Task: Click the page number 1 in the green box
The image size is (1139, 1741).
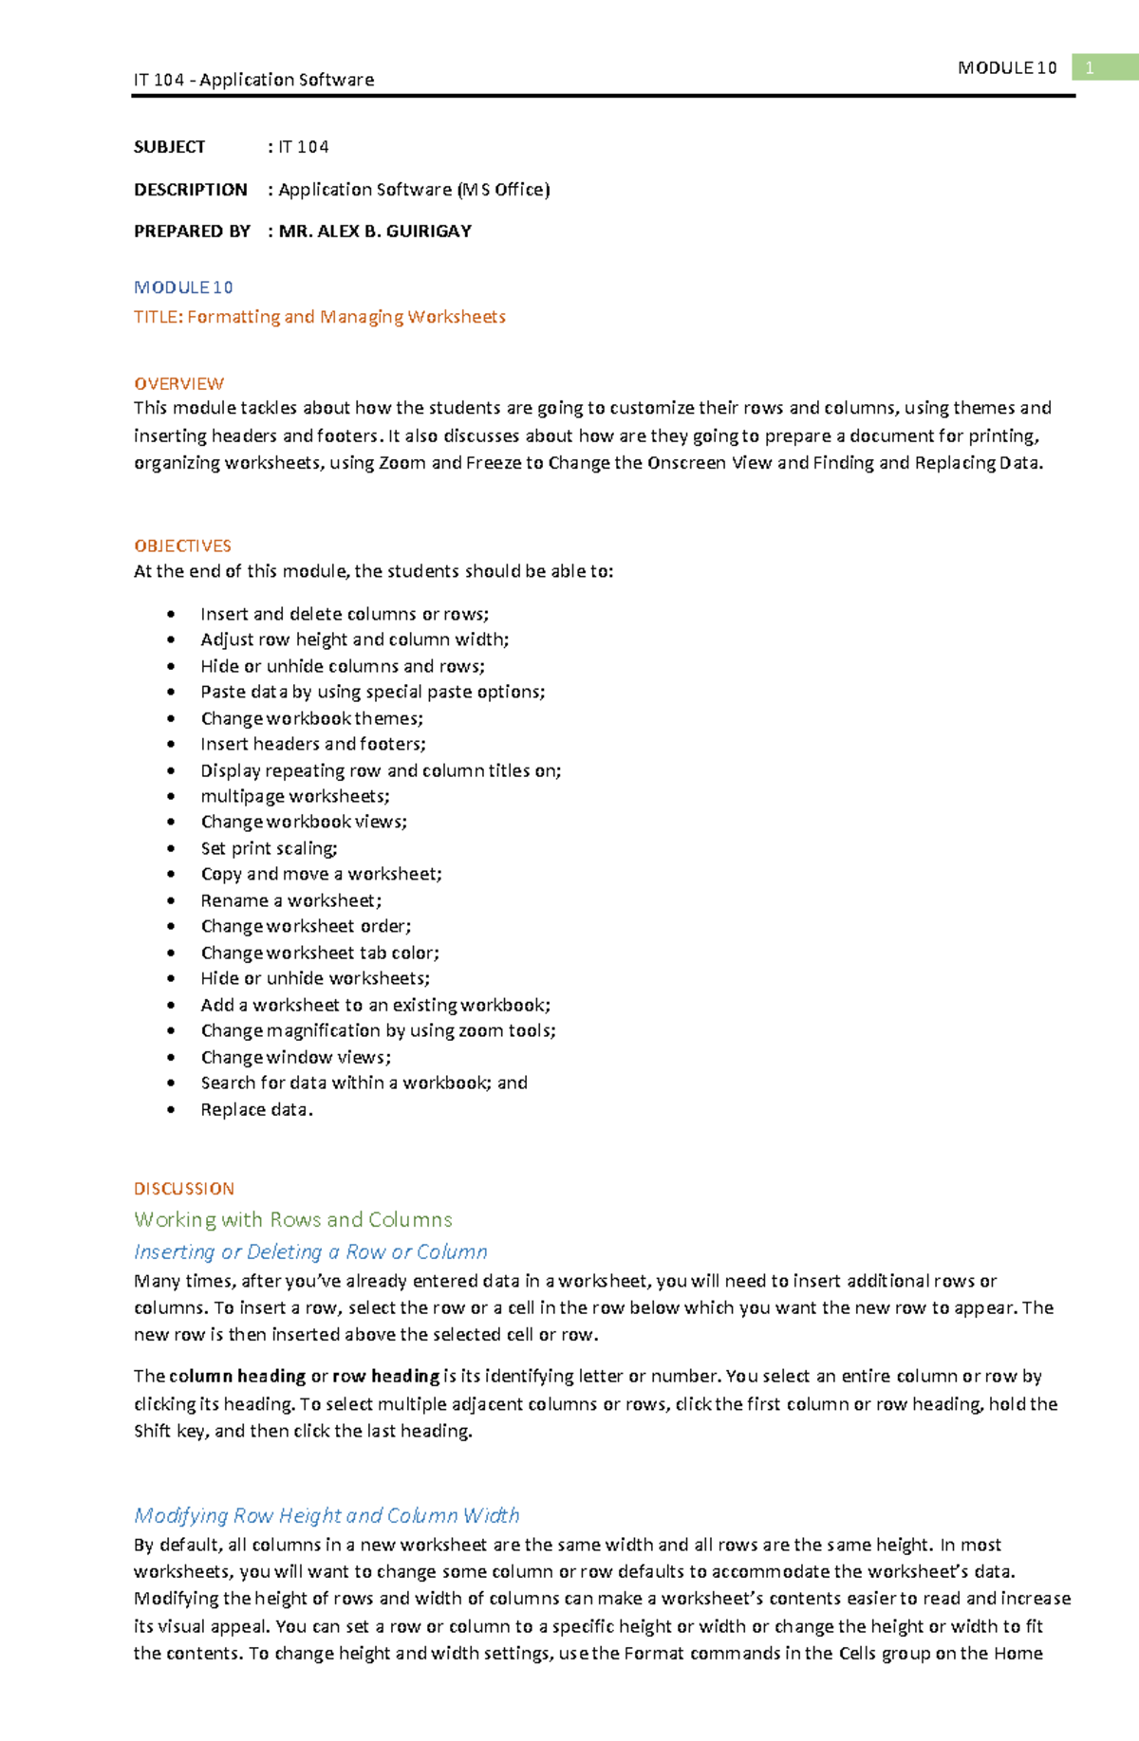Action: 1090,67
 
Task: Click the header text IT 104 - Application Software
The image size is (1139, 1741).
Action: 253,80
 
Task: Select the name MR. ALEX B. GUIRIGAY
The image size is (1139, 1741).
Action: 375,232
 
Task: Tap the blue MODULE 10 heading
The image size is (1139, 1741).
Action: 183,287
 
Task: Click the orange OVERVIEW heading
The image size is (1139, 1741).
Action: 178,383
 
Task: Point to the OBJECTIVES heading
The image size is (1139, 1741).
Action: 182,546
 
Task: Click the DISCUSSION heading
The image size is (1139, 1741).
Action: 183,1189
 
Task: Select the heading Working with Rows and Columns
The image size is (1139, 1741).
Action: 292,1219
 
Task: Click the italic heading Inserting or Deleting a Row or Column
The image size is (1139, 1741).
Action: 310,1251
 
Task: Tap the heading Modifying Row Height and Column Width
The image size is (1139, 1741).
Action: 327,1515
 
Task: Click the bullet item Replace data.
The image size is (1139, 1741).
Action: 256,1109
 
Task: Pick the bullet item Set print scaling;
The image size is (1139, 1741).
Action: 269,848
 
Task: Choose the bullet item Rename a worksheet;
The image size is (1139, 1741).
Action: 290,900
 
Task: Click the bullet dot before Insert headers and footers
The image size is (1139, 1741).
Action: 171,745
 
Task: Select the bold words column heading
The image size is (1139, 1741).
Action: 237,1376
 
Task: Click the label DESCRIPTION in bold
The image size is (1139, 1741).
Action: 190,190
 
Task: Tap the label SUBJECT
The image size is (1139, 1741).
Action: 169,147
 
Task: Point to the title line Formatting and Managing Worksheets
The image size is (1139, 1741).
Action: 346,317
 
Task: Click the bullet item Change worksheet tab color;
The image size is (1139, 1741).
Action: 319,953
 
